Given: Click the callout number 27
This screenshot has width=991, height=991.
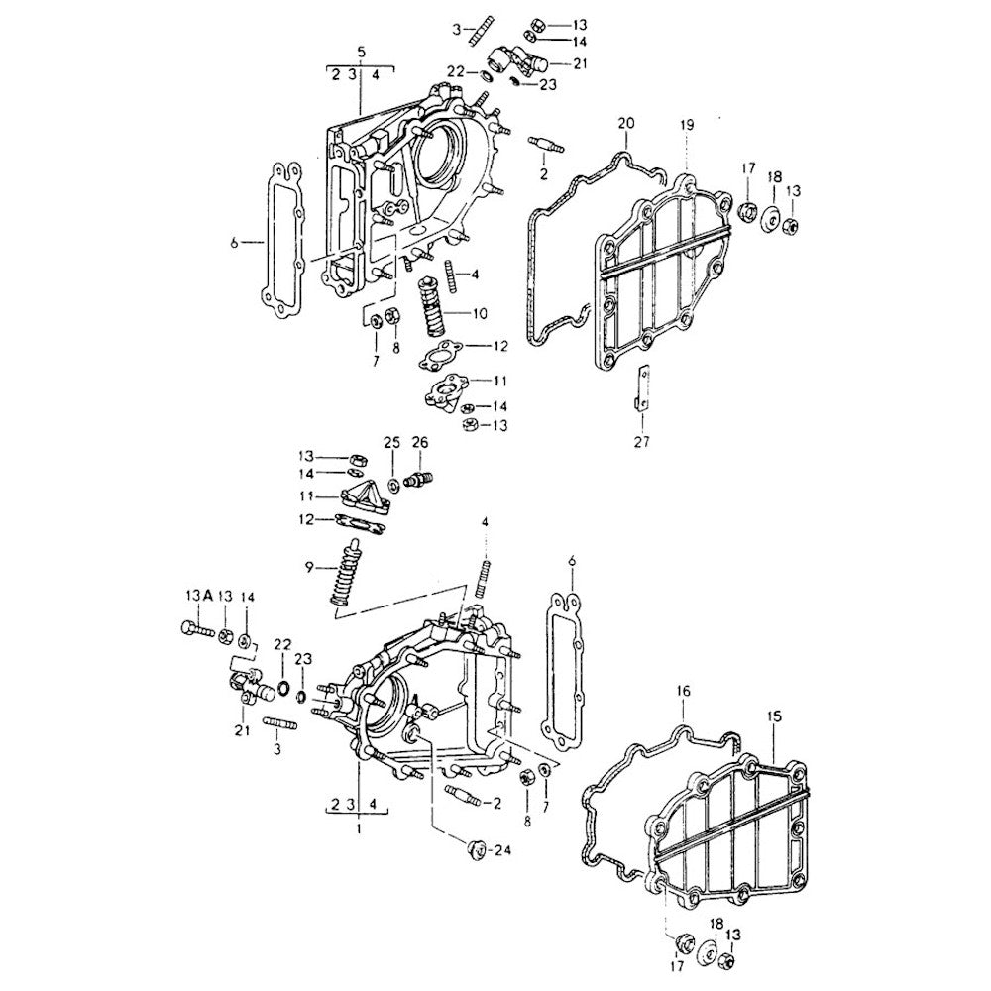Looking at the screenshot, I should click(641, 442).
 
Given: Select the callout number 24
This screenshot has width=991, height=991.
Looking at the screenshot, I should click(502, 849).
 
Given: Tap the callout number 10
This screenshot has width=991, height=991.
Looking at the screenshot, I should click(480, 314).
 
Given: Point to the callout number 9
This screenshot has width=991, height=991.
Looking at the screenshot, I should click(310, 567).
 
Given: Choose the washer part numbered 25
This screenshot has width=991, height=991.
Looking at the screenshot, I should click(393, 483).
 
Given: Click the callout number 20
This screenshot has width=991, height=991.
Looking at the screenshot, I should click(624, 123).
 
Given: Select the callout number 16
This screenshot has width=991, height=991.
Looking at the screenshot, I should click(683, 691).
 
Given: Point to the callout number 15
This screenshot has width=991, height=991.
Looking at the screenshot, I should click(774, 715).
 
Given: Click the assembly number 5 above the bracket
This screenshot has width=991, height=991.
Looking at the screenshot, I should click(361, 51).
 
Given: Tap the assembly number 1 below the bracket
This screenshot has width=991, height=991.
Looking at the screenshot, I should click(358, 826).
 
